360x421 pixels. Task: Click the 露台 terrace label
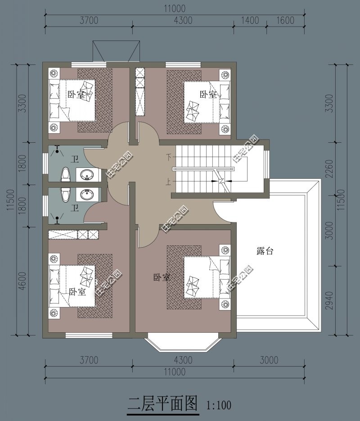tap(265, 251)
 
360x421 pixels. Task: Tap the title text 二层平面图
tap(163, 403)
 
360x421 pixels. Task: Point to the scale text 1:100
tap(219, 405)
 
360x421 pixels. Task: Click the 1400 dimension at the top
tap(250, 20)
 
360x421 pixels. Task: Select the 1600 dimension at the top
tap(285, 20)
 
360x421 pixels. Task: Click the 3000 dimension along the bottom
tap(269, 360)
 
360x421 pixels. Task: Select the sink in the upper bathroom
tap(87, 174)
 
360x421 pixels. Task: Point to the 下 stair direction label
tap(168, 157)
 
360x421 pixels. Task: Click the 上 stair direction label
tap(168, 182)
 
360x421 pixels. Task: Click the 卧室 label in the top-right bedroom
tap(208, 94)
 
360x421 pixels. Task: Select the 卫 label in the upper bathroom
tap(75, 159)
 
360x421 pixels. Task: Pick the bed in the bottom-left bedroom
tap(72, 286)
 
